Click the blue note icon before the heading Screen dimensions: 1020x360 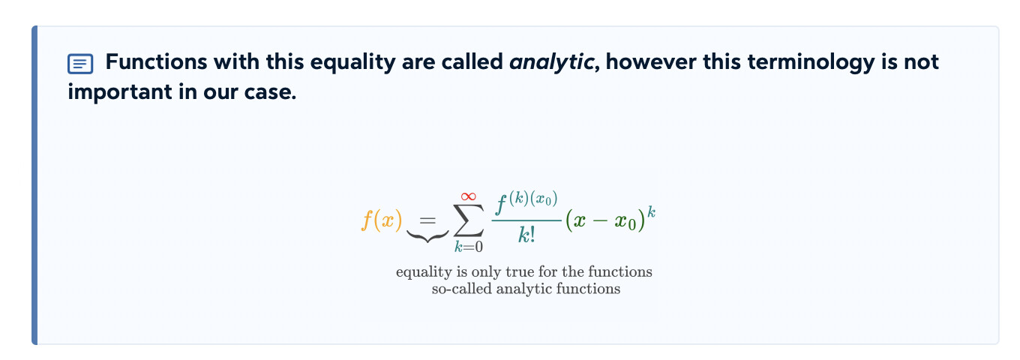[80, 64]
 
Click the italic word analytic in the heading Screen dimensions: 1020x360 [551, 62]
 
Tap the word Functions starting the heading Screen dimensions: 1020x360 [156, 61]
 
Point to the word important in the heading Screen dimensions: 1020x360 [119, 92]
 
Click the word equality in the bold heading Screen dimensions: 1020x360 [353, 62]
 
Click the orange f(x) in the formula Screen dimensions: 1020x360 [382, 220]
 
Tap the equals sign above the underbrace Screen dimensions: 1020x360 [427, 220]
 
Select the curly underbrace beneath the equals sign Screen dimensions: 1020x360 [427, 235]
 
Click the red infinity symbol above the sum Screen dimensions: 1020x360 [468, 196]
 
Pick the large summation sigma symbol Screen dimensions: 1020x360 [469, 220]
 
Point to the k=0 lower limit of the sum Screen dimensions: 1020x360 [469, 247]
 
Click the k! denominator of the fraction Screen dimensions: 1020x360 [526, 235]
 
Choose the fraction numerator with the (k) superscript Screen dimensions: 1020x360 [526, 202]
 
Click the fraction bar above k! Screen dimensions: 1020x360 [526, 220]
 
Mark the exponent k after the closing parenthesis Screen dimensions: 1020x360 [652, 212]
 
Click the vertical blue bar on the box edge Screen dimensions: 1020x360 [34, 185]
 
